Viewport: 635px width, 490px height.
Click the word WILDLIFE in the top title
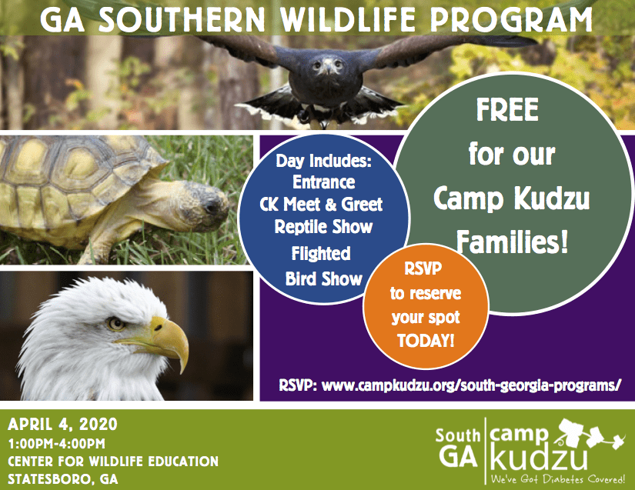tap(349, 19)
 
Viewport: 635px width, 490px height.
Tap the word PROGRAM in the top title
tap(511, 19)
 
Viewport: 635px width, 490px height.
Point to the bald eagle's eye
tap(116, 323)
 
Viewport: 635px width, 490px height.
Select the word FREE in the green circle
tap(507, 110)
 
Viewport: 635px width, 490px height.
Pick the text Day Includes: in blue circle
tap(323, 161)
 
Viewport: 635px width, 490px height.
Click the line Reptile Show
tap(323, 227)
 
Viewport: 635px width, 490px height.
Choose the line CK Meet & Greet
tap(321, 205)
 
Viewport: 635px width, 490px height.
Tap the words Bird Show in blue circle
tap(323, 278)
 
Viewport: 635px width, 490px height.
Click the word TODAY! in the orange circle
tap(426, 340)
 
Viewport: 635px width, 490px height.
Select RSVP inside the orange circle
tap(423, 268)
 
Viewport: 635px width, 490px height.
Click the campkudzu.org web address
tap(471, 385)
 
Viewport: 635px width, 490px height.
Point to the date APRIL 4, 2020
tap(62, 425)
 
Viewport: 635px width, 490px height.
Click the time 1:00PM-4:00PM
tap(57, 444)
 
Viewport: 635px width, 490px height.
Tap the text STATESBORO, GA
tap(63, 479)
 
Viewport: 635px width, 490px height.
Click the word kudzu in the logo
tap(539, 458)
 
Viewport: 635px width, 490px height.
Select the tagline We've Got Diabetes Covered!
tap(558, 479)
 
